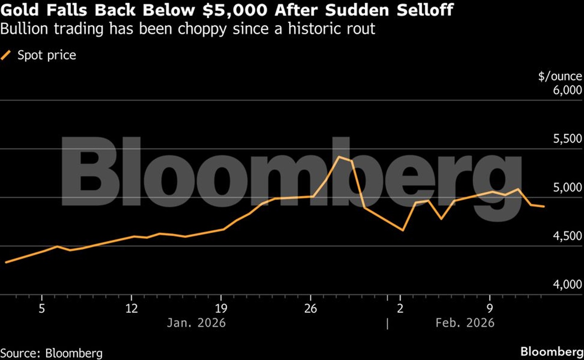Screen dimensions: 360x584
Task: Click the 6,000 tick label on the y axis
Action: tap(565, 90)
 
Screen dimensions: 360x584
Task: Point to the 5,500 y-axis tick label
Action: tap(565, 139)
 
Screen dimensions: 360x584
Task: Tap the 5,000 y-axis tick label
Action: tap(565, 187)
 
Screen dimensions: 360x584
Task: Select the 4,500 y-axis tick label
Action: tap(565, 236)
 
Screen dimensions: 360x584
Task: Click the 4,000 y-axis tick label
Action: tap(565, 285)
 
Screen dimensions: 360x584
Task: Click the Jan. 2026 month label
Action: tap(196, 323)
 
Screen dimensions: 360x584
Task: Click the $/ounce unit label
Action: tap(560, 77)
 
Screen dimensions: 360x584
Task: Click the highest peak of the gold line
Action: tap(339, 157)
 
